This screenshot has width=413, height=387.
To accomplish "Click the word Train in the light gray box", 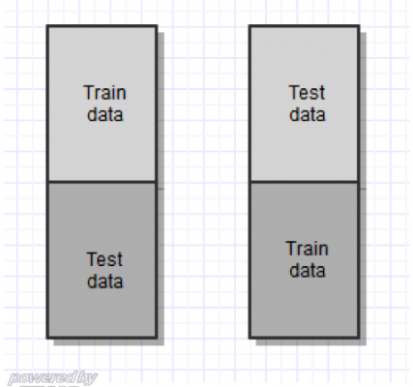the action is coord(104,93).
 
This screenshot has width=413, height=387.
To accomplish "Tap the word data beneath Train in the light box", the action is coord(105,114).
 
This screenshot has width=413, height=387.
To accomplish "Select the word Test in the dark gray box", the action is coord(104,259).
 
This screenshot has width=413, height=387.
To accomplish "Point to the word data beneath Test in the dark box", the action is coord(105,281).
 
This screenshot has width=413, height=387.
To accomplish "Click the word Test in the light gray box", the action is coord(307,93).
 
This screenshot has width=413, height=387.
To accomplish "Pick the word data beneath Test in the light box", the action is coord(308,114).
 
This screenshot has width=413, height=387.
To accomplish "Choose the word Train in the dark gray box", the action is coord(307,249).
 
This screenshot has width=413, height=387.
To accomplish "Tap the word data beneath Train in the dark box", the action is coord(308,270).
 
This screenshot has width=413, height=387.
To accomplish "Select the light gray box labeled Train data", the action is coord(103,104).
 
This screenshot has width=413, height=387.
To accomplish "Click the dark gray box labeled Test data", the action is coord(103,260).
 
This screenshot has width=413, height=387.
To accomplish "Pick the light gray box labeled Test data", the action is coord(305,104).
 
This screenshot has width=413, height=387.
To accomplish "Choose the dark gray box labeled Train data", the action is coord(305,260).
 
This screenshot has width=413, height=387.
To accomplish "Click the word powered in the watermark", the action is coord(42,378).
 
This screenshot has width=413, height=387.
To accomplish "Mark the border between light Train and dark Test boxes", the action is coord(103,182).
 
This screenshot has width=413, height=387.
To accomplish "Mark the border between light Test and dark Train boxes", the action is coord(305,182).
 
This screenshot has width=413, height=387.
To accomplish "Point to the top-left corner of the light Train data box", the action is coord(47,25).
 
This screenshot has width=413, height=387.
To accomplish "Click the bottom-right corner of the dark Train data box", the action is coord(360,339).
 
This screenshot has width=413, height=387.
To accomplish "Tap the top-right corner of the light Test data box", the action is coord(360,25).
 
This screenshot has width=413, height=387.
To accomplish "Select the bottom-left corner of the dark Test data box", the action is coord(47,339).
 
